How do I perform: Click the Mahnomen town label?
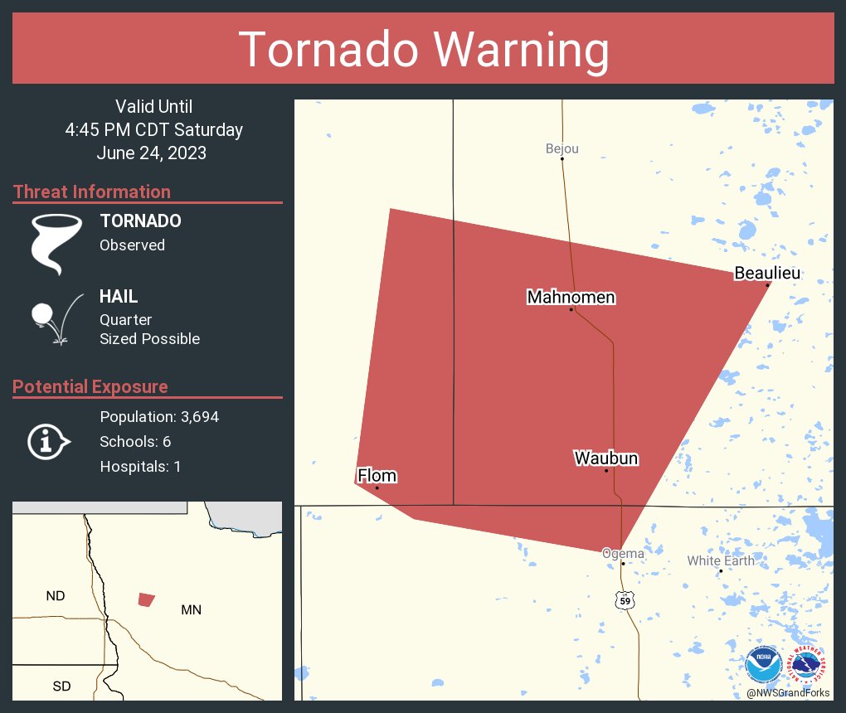(x=571, y=297)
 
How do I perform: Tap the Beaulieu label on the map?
(x=768, y=273)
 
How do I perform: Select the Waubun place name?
(x=606, y=458)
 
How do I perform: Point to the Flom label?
(x=377, y=475)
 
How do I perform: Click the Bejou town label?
(x=562, y=149)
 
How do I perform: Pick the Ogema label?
(x=622, y=553)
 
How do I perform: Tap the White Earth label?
(x=720, y=560)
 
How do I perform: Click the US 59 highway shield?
(x=625, y=600)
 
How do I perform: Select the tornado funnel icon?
(x=56, y=244)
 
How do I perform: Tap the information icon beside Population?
(x=47, y=441)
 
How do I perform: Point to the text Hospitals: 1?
(x=140, y=467)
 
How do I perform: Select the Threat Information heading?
(x=92, y=192)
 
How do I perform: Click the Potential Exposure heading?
(x=90, y=386)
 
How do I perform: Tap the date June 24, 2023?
(x=151, y=153)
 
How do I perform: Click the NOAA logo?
(x=763, y=666)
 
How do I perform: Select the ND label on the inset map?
(x=56, y=595)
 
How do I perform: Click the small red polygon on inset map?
(x=146, y=599)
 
